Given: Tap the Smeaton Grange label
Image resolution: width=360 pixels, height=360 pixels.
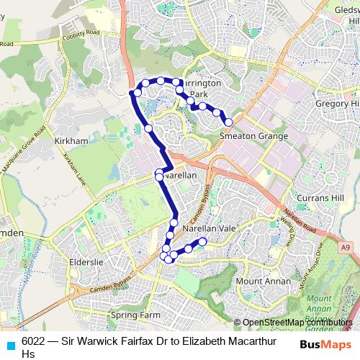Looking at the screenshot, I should click(x=253, y=136).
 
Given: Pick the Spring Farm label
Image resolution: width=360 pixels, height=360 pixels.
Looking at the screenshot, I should click(x=135, y=315).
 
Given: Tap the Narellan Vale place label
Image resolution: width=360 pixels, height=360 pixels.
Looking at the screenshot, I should click(x=210, y=228).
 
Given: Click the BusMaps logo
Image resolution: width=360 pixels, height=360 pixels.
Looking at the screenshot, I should click(x=325, y=343).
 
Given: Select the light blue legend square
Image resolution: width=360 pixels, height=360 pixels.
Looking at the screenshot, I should click(x=10, y=343).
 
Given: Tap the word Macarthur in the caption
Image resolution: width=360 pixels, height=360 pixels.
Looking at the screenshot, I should click(x=245, y=342).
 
